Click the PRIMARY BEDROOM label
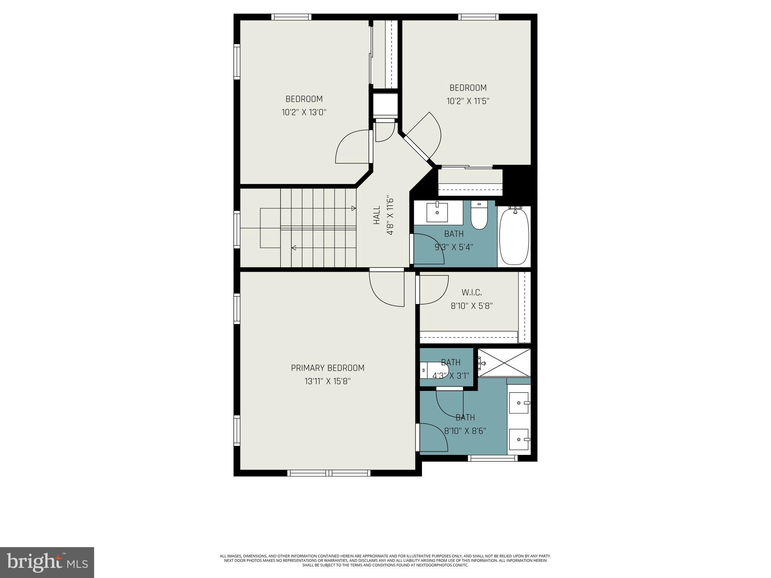point(328,368)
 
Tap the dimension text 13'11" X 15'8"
point(328,382)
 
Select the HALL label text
point(377,215)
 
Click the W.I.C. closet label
point(472,292)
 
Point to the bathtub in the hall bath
point(514,236)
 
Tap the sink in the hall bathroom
point(437,213)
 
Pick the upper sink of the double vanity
point(519,403)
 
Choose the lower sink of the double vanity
point(519,440)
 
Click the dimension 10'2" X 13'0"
point(304,113)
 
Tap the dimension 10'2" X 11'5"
point(468,101)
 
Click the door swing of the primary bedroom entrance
point(386,290)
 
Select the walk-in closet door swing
point(433,290)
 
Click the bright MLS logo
point(47,563)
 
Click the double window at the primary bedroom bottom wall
point(329,473)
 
